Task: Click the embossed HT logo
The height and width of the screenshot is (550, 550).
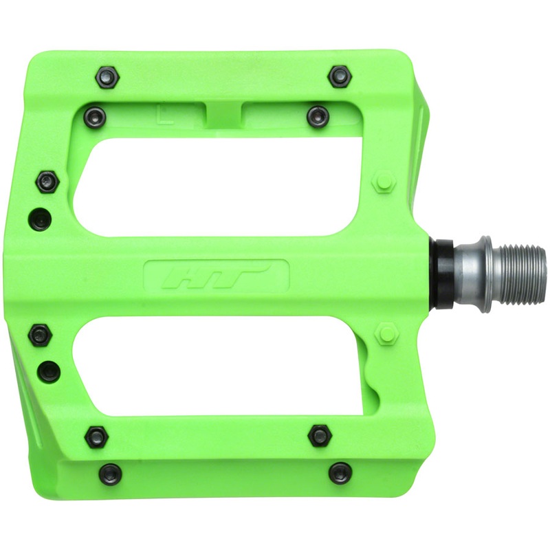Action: [x=217, y=276]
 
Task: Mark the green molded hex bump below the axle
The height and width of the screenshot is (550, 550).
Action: [x=386, y=335]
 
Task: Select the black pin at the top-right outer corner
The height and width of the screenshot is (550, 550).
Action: [x=340, y=76]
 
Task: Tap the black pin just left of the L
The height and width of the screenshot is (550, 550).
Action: [x=96, y=117]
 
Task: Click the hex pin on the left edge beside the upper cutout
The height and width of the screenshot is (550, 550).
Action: [x=47, y=181]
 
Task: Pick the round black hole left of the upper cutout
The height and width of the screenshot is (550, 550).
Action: [x=41, y=220]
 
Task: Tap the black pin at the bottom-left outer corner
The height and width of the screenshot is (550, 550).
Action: [x=111, y=473]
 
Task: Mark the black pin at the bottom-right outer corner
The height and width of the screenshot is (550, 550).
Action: [x=340, y=473]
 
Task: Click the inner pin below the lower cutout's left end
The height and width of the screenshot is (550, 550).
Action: [x=96, y=437]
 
